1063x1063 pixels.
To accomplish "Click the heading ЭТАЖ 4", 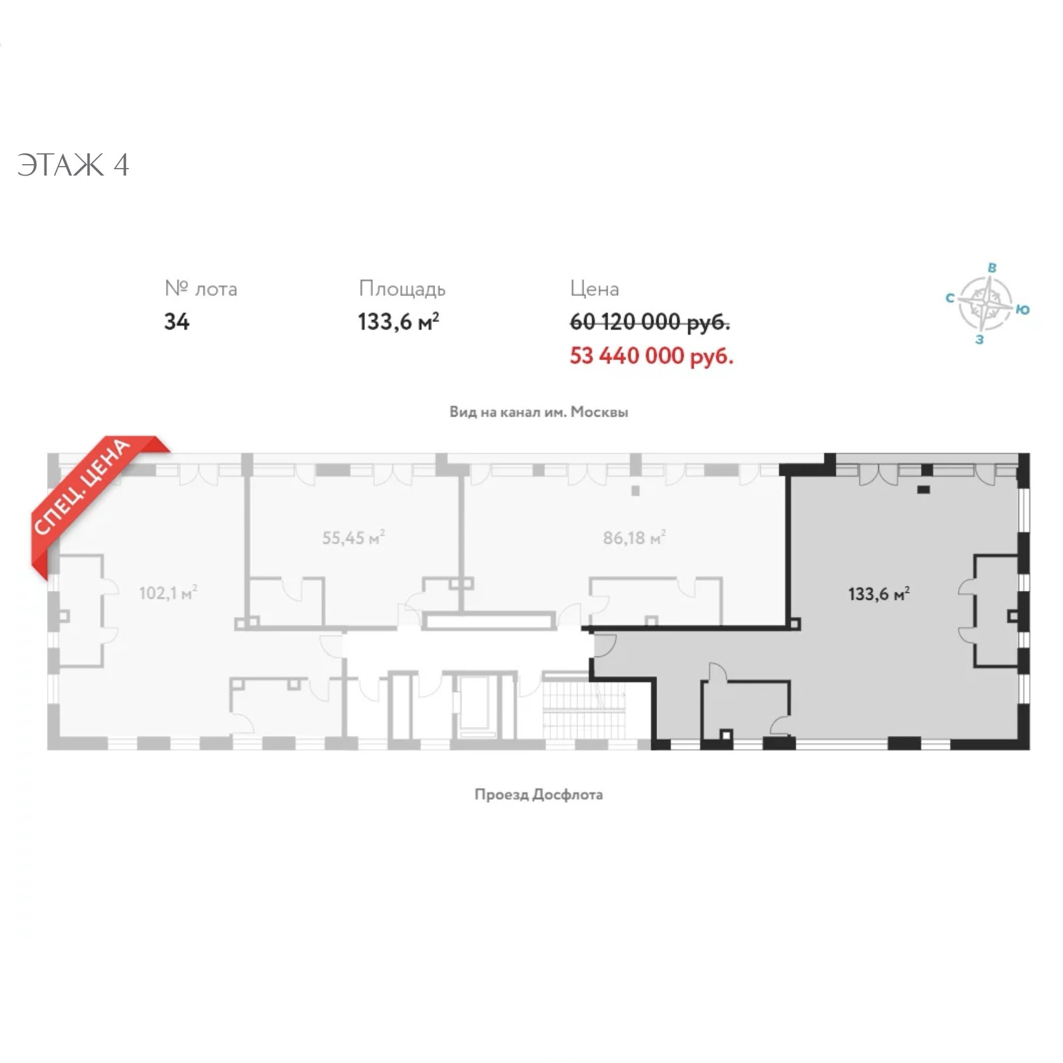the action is click(x=73, y=165).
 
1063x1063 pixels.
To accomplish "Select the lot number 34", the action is click(x=177, y=322).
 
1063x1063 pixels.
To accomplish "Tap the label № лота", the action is click(x=201, y=289).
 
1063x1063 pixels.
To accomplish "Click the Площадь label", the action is click(x=402, y=289).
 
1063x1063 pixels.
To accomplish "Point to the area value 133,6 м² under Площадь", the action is click(x=398, y=322).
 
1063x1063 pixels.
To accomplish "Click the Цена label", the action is click(x=594, y=289).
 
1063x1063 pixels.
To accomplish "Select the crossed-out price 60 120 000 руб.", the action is click(x=650, y=322).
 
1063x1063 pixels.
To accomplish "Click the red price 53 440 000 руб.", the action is click(x=651, y=356).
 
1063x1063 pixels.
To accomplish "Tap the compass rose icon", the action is click(x=985, y=303).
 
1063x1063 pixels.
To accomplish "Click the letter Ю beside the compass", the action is click(x=1022, y=310).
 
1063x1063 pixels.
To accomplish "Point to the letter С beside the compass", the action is click(x=950, y=298).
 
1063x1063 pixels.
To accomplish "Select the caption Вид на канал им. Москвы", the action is click(x=539, y=412).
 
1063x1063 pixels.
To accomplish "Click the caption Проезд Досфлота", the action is click(x=539, y=795).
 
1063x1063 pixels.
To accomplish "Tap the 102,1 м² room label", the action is click(x=168, y=594).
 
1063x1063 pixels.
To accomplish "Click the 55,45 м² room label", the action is click(x=353, y=538).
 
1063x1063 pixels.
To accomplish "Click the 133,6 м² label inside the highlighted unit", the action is click(x=879, y=594).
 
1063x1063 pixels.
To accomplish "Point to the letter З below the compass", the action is click(x=980, y=340).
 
